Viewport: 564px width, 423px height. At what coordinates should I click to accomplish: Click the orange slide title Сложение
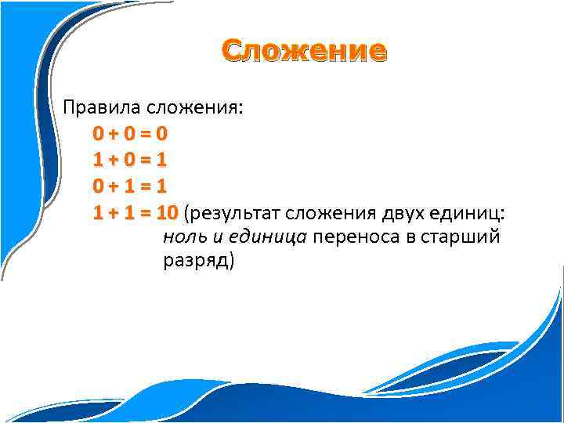[x=304, y=51]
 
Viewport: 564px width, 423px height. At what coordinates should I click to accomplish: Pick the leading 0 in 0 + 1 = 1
[x=97, y=188]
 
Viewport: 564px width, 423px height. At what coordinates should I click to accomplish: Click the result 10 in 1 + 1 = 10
[x=166, y=214]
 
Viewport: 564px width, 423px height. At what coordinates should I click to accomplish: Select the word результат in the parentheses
[x=234, y=214]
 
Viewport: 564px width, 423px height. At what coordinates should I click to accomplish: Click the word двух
[x=397, y=214]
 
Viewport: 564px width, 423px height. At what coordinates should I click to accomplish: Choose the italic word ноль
[x=185, y=238]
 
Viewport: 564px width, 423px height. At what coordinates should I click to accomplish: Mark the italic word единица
[x=266, y=238]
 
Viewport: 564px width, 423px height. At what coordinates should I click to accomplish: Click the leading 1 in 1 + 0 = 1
[x=97, y=161]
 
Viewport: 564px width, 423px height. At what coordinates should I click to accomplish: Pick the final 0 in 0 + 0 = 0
[x=161, y=135]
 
